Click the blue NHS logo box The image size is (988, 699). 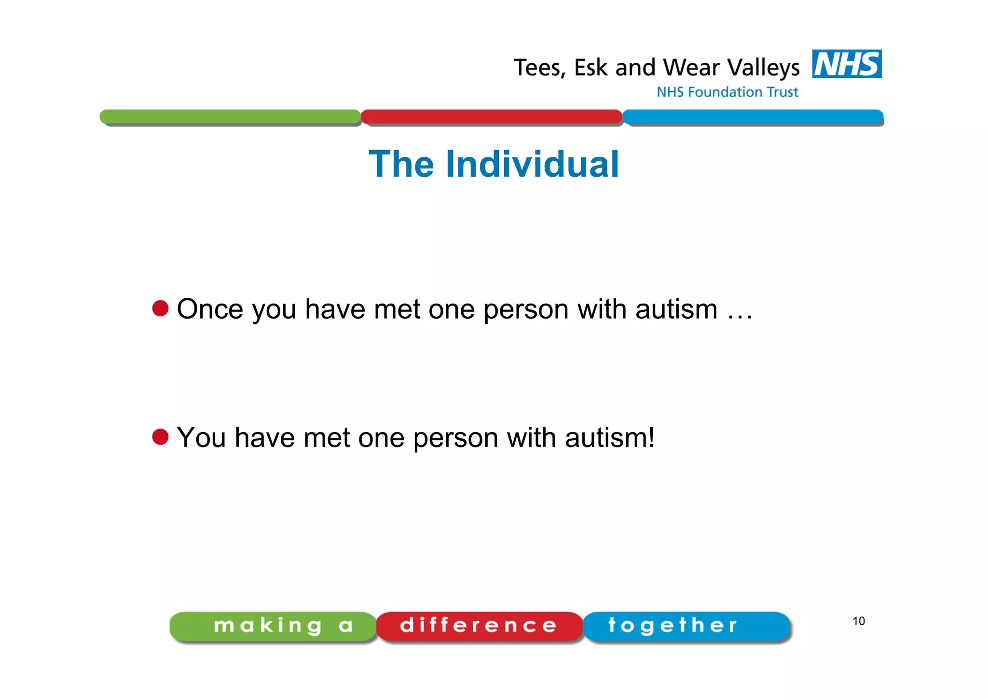847,64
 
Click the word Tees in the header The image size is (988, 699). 538,68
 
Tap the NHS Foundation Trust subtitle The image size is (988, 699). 727,92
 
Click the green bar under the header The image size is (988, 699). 230,116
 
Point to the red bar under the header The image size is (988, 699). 491,116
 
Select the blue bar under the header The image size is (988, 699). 753,116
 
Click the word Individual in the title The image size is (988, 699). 532,164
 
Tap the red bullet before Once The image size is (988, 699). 160,308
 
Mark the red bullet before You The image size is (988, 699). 160,437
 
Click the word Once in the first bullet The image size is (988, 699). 210,309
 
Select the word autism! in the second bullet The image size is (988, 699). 610,438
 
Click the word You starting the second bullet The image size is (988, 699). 201,438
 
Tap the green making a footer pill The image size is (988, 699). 273,626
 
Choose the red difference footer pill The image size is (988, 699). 479,626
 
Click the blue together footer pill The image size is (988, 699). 686,626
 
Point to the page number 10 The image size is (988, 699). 858,621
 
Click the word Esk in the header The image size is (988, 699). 590,68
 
